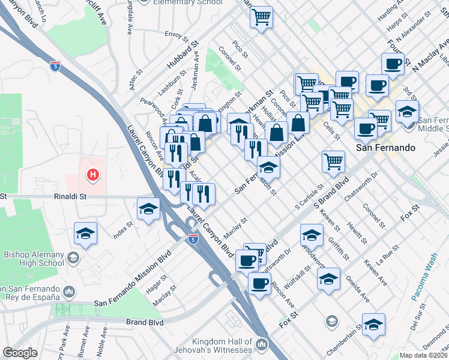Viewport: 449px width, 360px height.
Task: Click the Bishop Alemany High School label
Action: (x=34, y=259)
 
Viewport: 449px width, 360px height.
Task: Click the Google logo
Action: (x=20, y=353)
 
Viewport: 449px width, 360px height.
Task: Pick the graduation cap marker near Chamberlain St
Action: (x=373, y=325)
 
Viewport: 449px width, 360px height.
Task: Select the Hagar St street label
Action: (x=155, y=281)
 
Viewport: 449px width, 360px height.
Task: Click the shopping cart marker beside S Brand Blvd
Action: (x=333, y=161)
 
